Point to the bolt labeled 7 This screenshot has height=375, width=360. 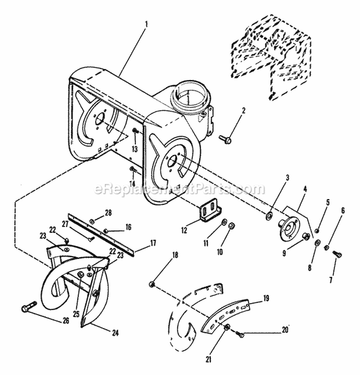point(336,253)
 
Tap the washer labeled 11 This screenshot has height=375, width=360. point(224,221)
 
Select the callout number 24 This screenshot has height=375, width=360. point(116,332)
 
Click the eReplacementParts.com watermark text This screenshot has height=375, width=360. point(180,189)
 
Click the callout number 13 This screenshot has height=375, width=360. point(135,149)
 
